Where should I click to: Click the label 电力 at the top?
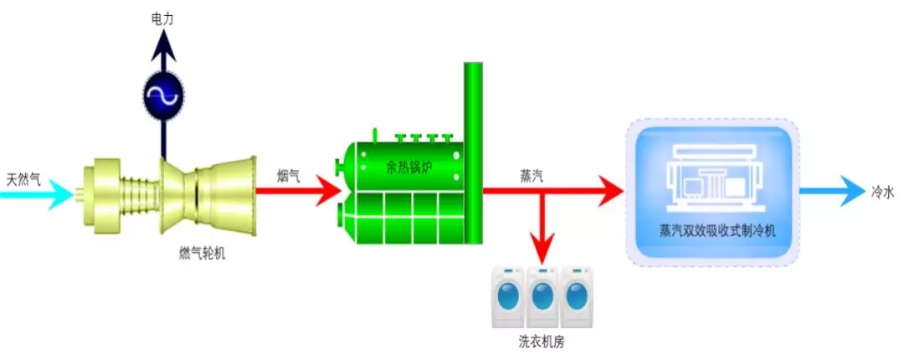[163, 18]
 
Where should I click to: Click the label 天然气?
[23, 178]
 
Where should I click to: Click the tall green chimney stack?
[474, 151]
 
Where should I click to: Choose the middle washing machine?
[543, 296]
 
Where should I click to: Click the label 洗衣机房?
[542, 343]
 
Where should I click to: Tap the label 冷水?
[883, 192]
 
